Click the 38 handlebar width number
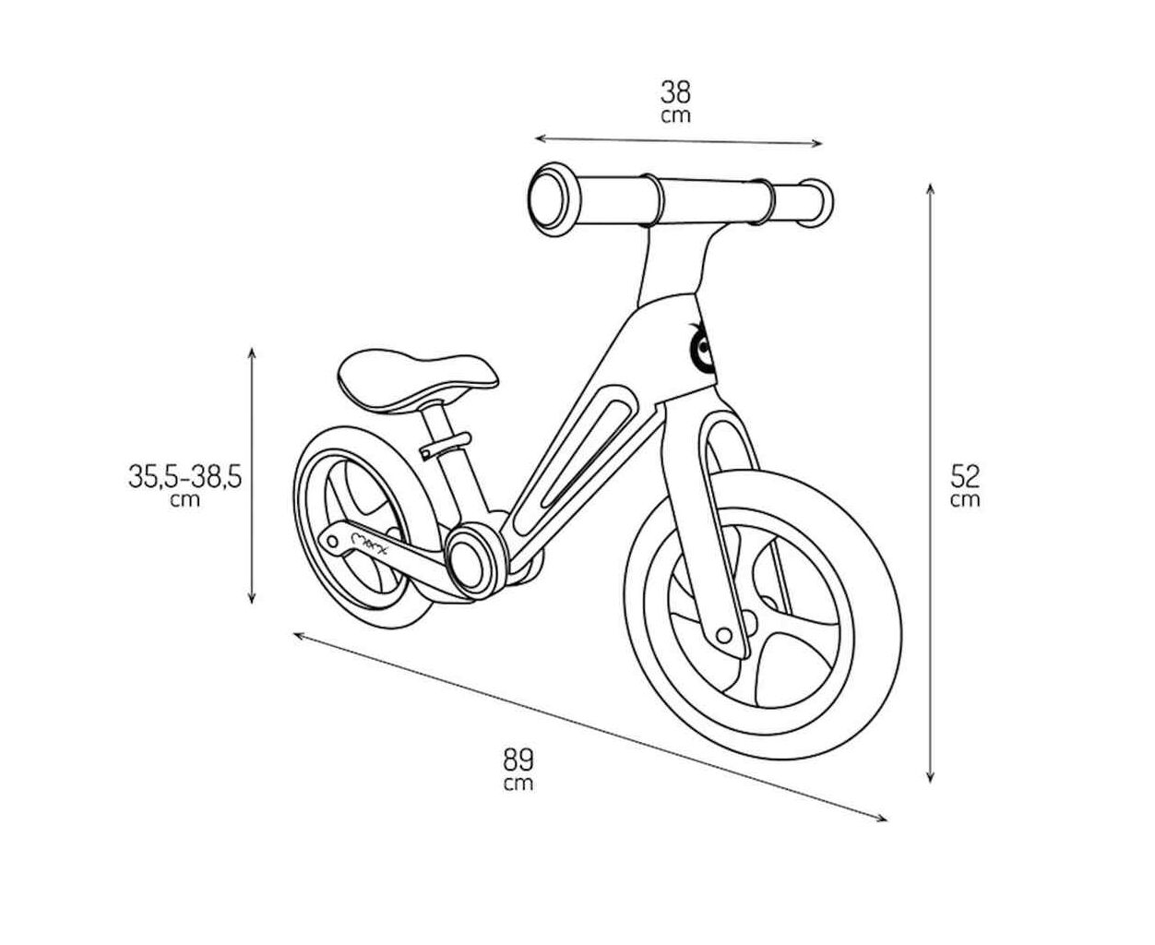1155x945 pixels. [x=675, y=92]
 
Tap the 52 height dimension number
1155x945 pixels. [x=965, y=476]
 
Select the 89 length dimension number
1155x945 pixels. [x=518, y=760]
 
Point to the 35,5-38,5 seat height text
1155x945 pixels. [x=185, y=476]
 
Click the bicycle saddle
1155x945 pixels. [x=417, y=379]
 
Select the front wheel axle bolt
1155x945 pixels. [x=724, y=636]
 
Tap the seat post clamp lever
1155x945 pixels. [x=445, y=445]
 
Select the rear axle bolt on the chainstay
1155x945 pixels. [x=332, y=543]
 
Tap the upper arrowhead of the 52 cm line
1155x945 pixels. [x=930, y=189]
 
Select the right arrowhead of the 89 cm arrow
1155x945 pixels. [x=881, y=819]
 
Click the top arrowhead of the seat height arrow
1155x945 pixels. [x=252, y=353]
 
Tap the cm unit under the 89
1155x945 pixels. [x=518, y=784]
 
